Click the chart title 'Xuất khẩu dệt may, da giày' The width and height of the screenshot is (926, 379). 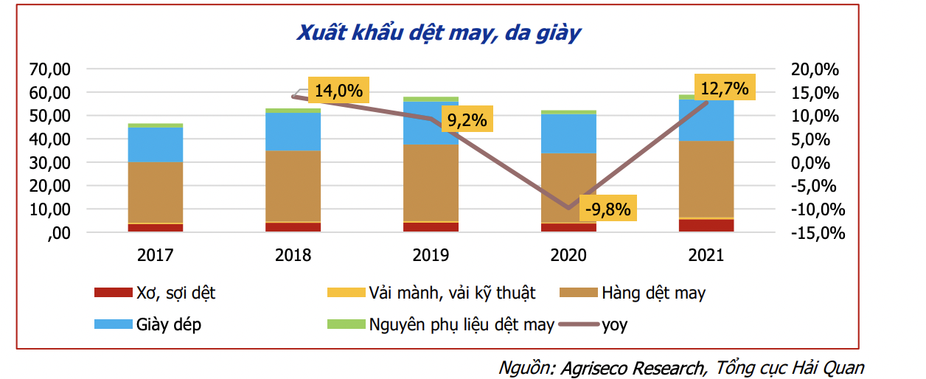point(439,33)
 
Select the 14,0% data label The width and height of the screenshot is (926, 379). point(338,91)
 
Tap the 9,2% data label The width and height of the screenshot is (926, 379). point(467,120)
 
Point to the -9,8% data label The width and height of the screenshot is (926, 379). point(607,209)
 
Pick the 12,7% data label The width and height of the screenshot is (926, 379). point(724,89)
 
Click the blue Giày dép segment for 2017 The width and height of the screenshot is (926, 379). point(155,145)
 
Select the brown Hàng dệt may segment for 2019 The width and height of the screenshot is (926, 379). point(431,182)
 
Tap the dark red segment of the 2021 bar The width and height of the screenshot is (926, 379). point(706,225)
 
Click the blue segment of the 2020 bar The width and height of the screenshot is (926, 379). point(568,133)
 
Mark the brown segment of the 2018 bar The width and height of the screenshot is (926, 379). point(293,186)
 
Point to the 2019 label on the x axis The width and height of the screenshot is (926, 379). point(431,256)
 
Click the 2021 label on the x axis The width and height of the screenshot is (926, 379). point(706,256)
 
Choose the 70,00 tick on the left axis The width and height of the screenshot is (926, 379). point(50,69)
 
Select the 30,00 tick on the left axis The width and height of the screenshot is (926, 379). point(50,162)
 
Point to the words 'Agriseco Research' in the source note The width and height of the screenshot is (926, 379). point(631,367)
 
